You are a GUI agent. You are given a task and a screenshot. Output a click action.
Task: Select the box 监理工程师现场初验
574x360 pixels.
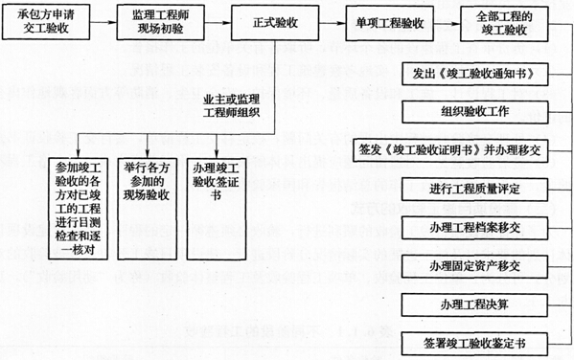pyautogui.click(x=152, y=21)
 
